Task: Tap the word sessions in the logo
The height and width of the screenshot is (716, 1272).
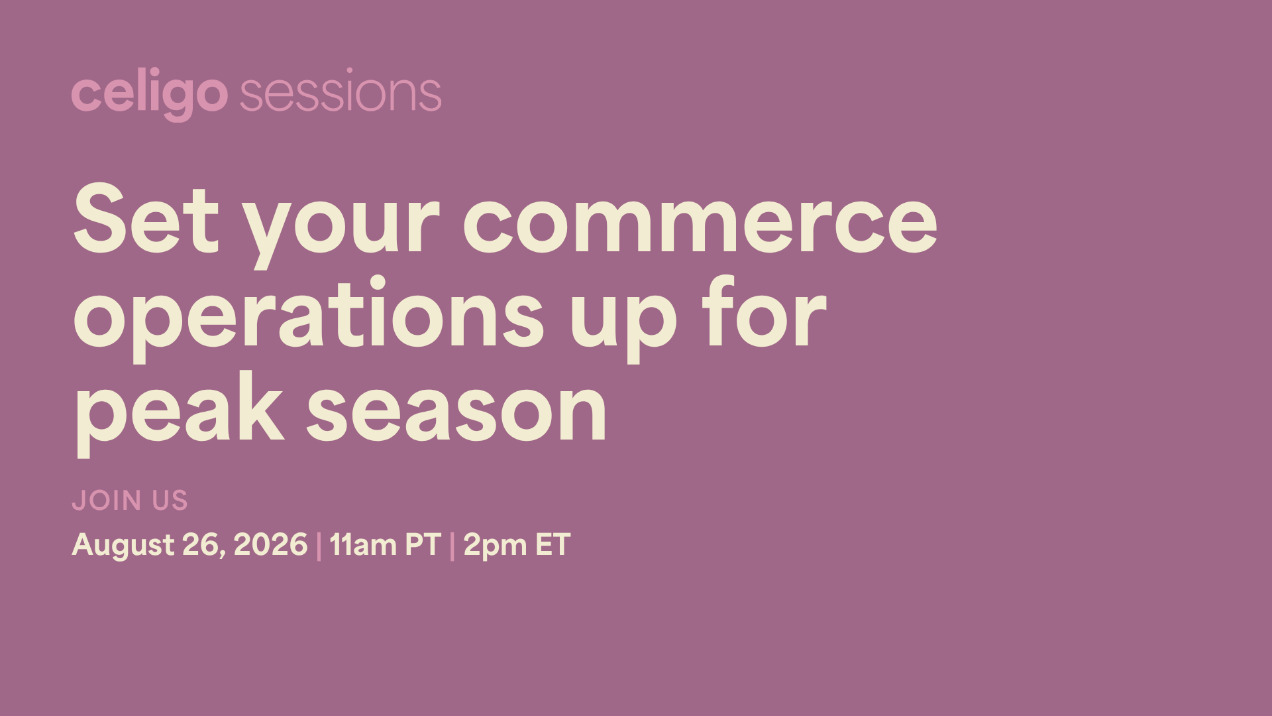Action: coord(341,93)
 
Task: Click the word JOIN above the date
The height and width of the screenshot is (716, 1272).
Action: coord(107,501)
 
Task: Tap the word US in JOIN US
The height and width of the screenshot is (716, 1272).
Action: coord(170,501)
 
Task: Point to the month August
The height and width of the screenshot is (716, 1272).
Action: coord(123,546)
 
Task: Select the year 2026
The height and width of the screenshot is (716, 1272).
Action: coord(270,544)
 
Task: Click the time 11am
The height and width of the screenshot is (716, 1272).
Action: coord(362,544)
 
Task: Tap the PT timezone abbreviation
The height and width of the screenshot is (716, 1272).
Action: coord(423,544)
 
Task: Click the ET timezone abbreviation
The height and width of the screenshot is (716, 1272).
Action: coord(553,544)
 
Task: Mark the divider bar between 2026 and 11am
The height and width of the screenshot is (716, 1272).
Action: coord(319,546)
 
